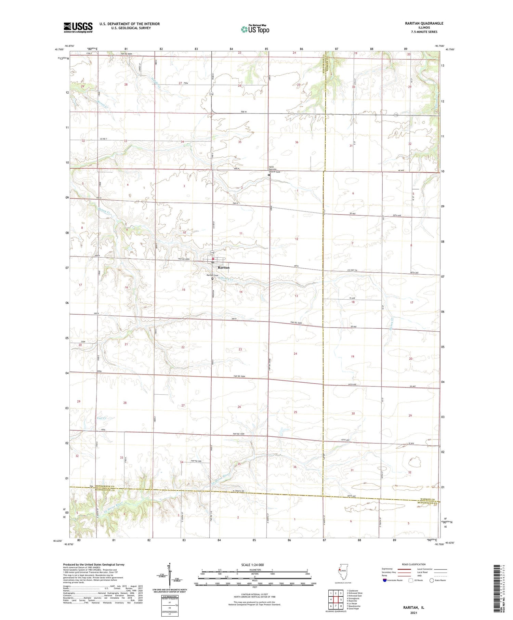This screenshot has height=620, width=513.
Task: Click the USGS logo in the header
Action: [x=78, y=27]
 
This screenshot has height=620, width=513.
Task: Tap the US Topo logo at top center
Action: [x=255, y=29]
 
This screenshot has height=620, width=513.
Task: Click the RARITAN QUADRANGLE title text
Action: [x=423, y=23]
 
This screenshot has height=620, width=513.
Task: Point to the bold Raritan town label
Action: [x=223, y=267]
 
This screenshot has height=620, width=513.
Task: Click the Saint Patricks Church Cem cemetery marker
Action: [x=269, y=175]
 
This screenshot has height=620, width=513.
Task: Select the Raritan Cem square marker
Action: [x=212, y=278]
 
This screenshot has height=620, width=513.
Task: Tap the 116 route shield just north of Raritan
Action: [x=212, y=253]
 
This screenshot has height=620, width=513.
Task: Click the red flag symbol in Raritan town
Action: [x=213, y=259]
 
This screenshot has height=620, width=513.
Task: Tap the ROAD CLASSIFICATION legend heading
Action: [x=414, y=564]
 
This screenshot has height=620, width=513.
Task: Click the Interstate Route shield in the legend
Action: [x=385, y=580]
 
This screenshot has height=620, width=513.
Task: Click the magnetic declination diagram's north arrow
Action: [x=169, y=569]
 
